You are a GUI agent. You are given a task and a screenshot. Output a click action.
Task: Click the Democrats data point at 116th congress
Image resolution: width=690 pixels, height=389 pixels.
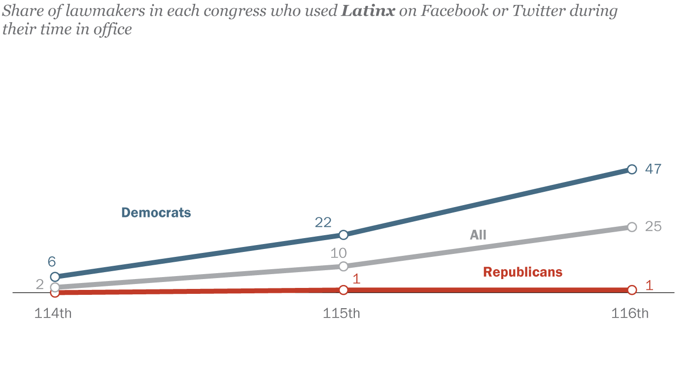pos(632,170)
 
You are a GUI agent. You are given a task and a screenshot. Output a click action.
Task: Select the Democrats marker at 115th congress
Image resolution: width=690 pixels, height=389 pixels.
pos(344,235)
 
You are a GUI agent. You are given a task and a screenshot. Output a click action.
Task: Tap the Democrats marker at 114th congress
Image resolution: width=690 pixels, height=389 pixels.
pos(55,277)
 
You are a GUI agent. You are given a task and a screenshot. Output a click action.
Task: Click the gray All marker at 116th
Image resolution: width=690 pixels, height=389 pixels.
pos(632,227)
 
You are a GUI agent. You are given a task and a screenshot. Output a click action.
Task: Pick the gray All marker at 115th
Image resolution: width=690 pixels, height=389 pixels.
pos(344,266)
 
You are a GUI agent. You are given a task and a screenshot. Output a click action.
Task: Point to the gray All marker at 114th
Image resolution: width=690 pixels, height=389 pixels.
pos(55,287)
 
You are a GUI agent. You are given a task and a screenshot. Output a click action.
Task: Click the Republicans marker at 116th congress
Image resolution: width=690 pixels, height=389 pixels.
pos(632,290)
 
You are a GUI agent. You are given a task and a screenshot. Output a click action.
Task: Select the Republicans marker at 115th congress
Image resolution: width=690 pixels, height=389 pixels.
pos(344,290)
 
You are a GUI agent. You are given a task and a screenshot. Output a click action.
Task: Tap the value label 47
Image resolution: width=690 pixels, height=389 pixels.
pos(653,169)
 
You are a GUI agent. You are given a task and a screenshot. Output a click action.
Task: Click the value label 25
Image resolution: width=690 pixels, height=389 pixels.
pos(653,227)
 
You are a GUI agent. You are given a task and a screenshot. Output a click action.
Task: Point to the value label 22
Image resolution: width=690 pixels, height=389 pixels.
pos(323,222)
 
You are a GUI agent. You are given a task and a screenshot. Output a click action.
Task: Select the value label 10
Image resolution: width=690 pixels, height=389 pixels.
pos(339,253)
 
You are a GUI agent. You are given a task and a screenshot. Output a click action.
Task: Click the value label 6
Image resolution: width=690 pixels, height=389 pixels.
pos(52,262)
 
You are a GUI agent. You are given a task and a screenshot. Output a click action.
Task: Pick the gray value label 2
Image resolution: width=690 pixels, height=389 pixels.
pos(40,284)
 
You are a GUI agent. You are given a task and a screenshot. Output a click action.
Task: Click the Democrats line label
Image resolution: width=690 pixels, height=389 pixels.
pos(156,213)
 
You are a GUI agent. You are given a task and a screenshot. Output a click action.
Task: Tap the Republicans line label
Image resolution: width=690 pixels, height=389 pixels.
pos(522,272)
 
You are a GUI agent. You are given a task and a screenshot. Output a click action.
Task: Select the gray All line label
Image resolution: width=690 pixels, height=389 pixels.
pos(478,235)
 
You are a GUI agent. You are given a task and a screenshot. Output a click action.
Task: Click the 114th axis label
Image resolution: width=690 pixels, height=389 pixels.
pos(53,314)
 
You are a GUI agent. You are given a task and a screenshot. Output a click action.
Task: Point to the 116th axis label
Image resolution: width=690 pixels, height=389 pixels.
pos(630,314)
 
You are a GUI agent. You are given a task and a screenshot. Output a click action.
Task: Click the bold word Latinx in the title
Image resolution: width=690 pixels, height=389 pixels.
pos(368,11)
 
